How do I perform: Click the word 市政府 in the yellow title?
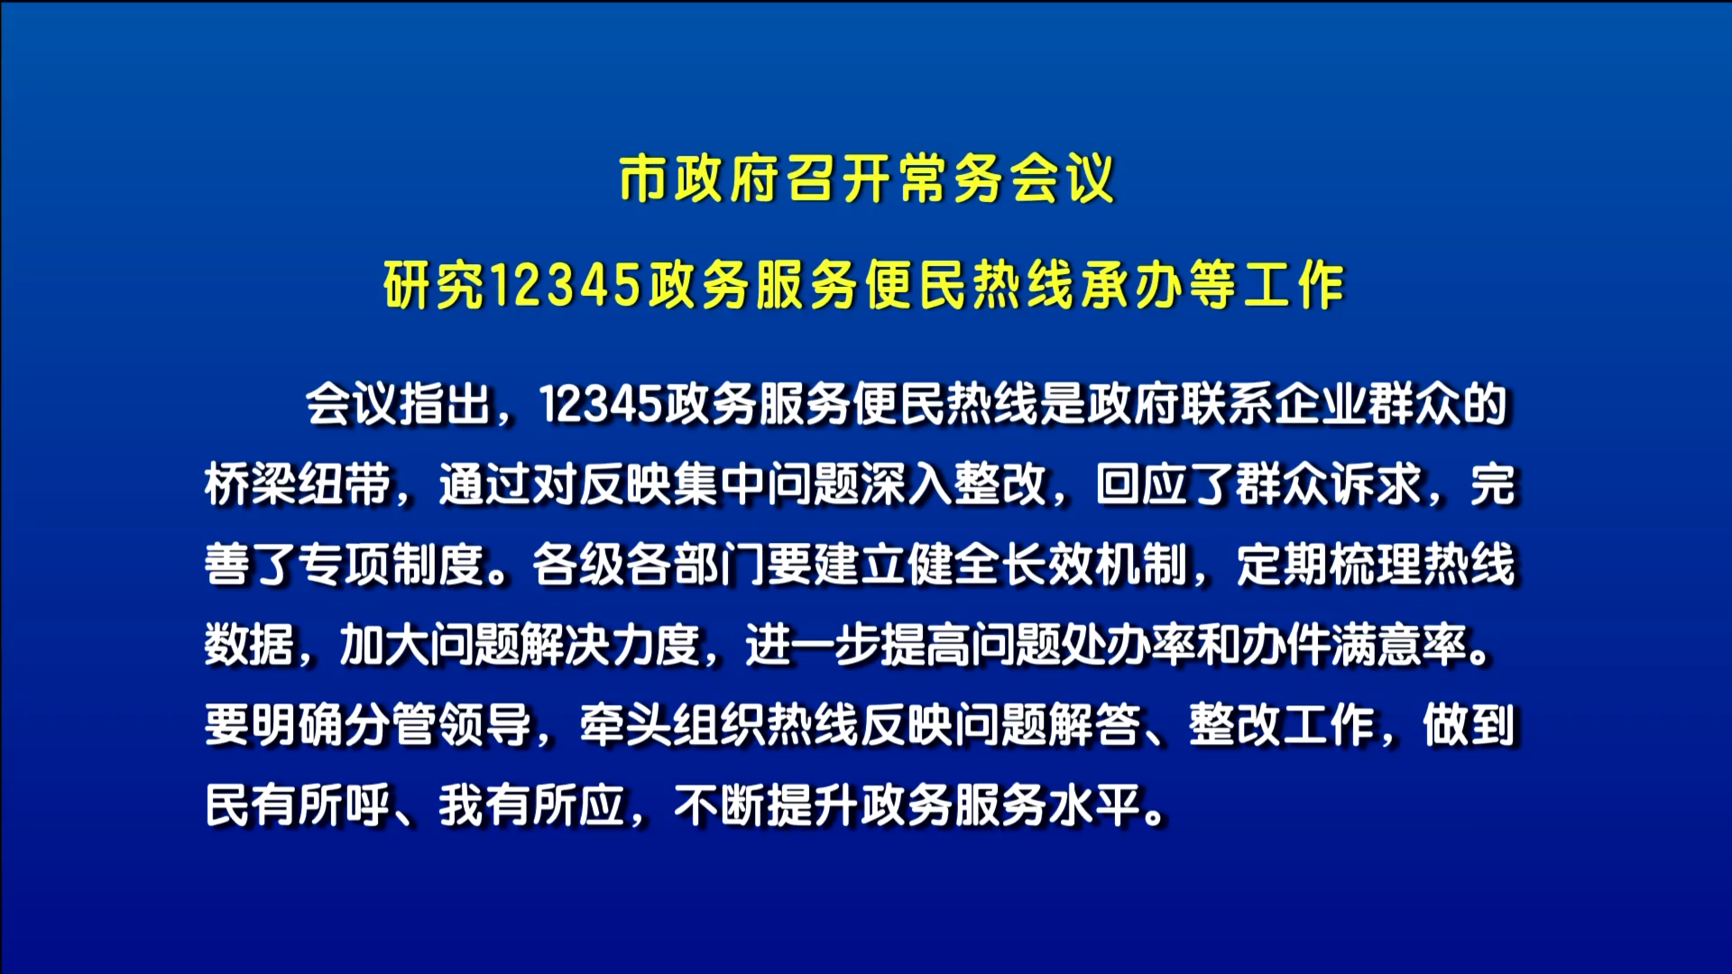click(700, 179)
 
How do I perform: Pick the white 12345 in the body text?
click(601, 404)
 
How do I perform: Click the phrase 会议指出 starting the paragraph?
click(398, 404)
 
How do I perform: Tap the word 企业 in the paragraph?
click(1320, 404)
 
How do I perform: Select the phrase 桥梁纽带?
click(298, 484)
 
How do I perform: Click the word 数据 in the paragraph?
click(251, 645)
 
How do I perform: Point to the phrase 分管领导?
click(438, 725)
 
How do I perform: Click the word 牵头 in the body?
click(626, 725)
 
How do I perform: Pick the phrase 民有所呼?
click(298, 805)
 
